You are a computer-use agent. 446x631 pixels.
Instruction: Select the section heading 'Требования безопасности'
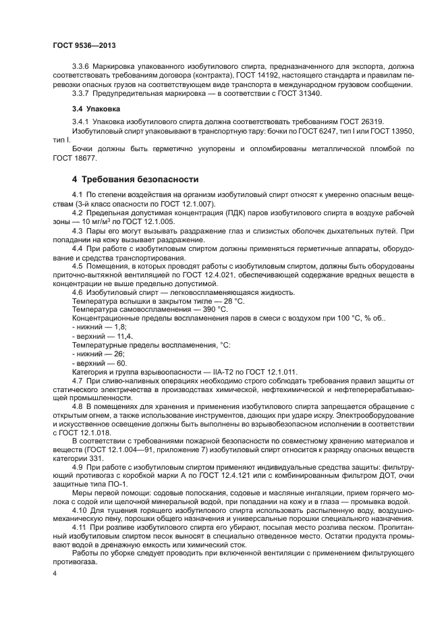[140, 180]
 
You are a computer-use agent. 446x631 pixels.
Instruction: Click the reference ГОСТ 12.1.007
[190, 204]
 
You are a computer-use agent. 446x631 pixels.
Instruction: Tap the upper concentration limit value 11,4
[124, 336]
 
